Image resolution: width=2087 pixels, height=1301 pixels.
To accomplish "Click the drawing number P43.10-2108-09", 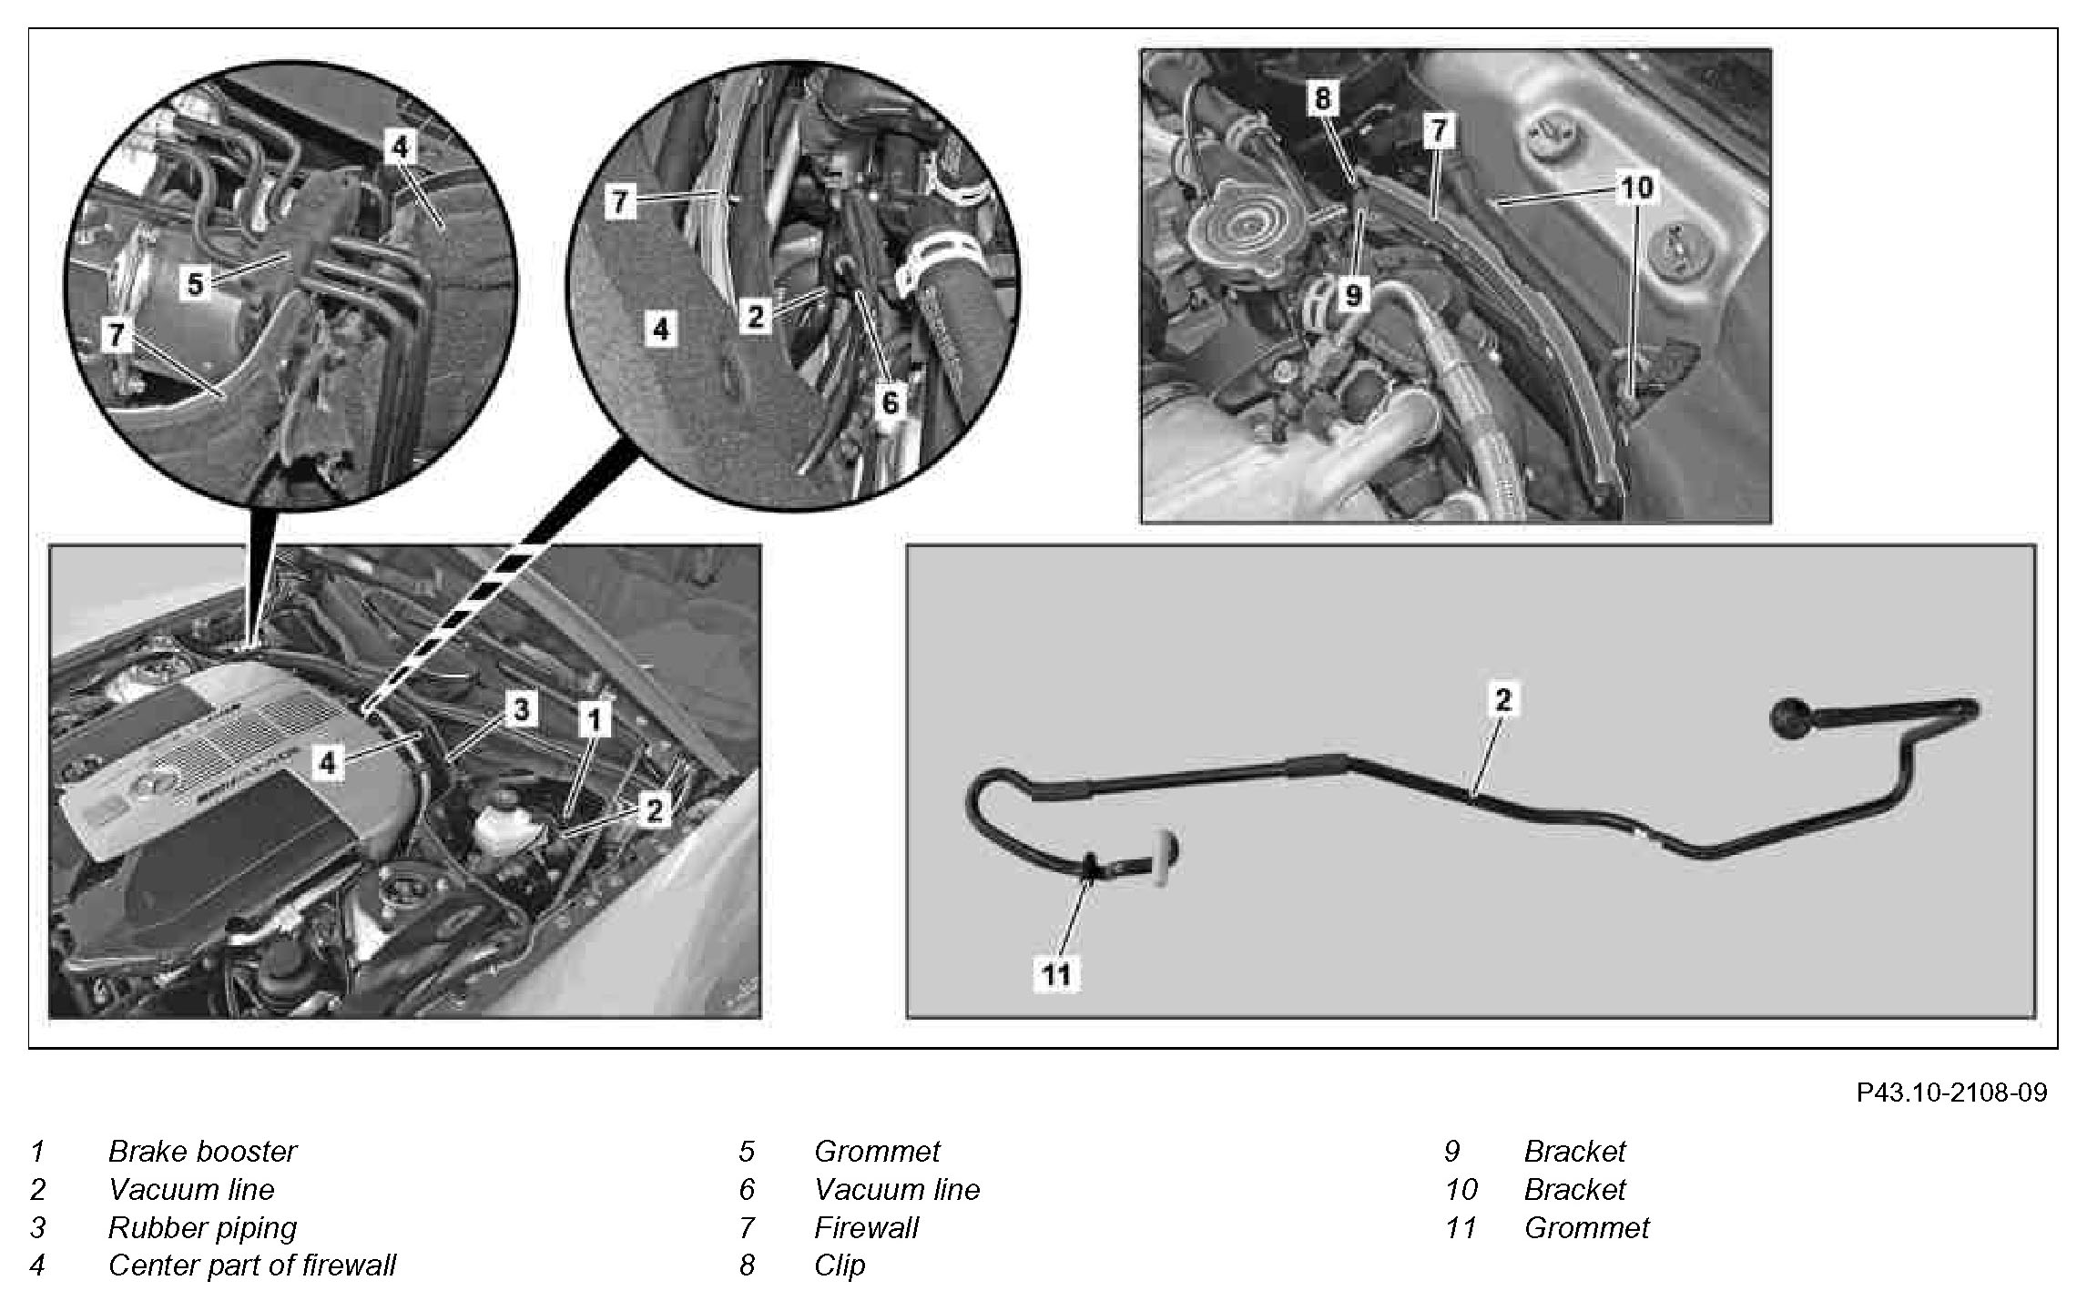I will tap(1951, 1093).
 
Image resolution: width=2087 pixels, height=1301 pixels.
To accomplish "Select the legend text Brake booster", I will tap(202, 1152).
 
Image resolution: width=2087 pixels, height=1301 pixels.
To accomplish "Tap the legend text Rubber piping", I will tap(202, 1228).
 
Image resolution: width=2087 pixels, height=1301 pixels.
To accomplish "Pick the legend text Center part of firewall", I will tap(251, 1265).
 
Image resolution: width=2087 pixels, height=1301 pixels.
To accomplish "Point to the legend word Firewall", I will tap(866, 1228).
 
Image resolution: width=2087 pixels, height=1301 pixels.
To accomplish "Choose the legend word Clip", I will tap(840, 1265).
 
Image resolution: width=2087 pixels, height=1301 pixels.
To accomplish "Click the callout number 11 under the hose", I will tap(1056, 975).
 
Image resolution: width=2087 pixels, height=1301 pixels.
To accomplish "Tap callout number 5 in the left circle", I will tap(196, 284).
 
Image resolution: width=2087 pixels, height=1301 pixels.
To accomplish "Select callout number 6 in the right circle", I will tap(890, 401).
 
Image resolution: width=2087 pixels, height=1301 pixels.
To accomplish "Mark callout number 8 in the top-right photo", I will tap(1323, 98).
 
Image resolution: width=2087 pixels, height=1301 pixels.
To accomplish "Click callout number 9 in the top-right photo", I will tap(1353, 295).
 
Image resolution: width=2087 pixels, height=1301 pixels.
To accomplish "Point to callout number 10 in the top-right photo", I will tap(1636, 188).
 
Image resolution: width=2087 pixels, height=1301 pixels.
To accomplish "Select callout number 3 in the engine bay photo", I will tap(521, 709).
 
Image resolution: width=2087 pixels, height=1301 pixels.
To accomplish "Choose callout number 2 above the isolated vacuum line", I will tap(1502, 699).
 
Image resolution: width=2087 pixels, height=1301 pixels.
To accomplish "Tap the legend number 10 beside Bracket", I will tap(1461, 1190).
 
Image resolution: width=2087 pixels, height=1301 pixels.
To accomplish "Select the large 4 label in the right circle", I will tap(661, 329).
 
